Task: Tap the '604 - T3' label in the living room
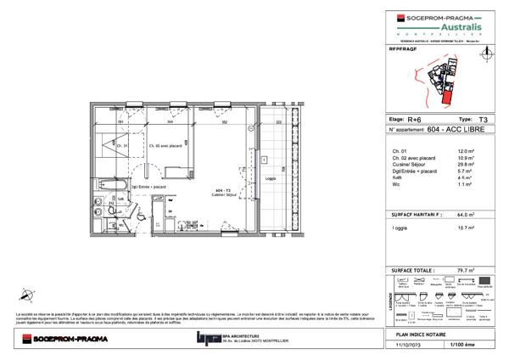[x=223, y=191]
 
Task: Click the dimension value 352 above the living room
[x=224, y=122]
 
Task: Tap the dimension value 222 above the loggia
[x=278, y=122]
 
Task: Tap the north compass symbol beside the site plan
[x=486, y=53]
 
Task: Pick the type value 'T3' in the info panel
[x=483, y=121]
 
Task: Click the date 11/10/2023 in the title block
[x=413, y=346]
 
